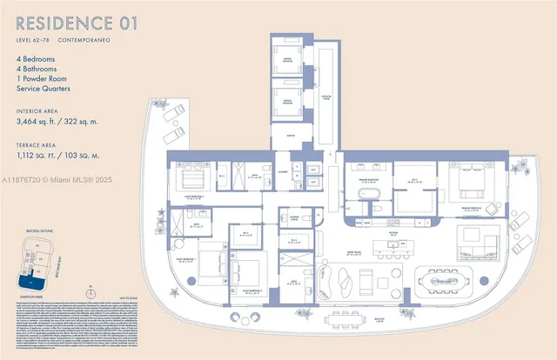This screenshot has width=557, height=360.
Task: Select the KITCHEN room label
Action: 393,233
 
